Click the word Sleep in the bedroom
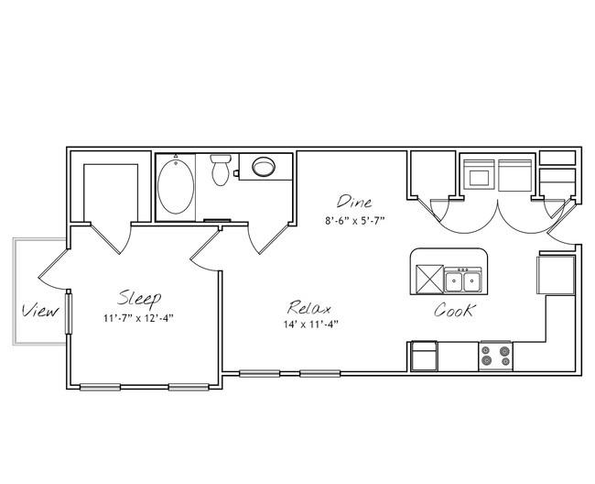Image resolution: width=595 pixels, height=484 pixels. click(x=139, y=299)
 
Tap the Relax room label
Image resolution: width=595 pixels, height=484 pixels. click(x=308, y=308)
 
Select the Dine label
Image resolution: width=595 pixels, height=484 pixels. click(x=354, y=202)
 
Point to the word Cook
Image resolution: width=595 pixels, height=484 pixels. click(x=454, y=310)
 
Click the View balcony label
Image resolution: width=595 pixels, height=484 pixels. click(x=40, y=311)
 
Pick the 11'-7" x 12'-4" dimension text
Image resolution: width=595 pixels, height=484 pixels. click(x=138, y=318)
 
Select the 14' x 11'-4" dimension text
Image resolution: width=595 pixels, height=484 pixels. click(x=311, y=324)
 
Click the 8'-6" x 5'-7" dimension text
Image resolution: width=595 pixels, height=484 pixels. click(x=355, y=220)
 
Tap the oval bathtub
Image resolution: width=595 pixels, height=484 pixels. click(x=176, y=187)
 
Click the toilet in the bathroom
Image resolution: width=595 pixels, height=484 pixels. click(x=221, y=170)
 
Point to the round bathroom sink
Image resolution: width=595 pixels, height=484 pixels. click(x=264, y=167)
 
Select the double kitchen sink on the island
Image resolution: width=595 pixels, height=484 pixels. click(x=462, y=280)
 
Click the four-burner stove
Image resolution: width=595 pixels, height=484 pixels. click(x=496, y=357)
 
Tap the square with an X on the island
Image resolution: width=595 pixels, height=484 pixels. click(x=430, y=280)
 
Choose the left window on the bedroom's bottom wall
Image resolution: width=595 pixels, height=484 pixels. click(x=100, y=387)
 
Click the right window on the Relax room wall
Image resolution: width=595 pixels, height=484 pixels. click(x=319, y=373)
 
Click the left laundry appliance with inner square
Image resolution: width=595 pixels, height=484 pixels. click(x=480, y=174)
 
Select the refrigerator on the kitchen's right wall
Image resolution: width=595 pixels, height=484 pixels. click(x=556, y=275)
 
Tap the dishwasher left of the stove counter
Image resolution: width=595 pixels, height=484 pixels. click(x=424, y=356)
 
